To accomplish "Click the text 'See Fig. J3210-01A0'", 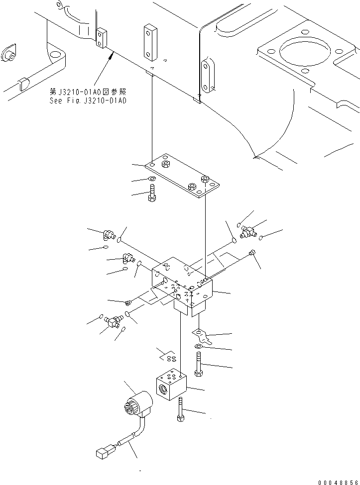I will tap(88, 100).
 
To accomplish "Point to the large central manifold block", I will tap(182, 286).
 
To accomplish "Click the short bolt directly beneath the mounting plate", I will tap(152, 193).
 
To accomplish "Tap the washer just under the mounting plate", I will tap(151, 179).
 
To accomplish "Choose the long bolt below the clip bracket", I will tap(198, 364).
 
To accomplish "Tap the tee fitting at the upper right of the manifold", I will tap(247, 230).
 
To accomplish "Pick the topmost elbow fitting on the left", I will tap(109, 234).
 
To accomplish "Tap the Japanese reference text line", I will tap(88, 92).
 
